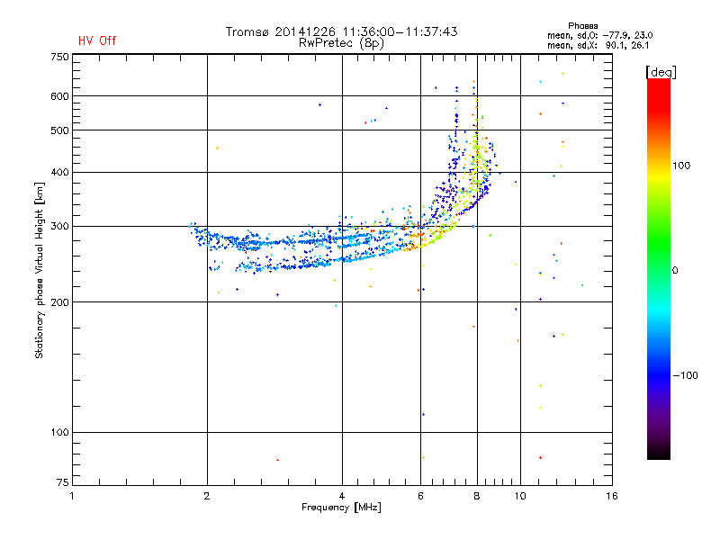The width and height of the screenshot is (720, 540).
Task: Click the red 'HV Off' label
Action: tap(97, 40)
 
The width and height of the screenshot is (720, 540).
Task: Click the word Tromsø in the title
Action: tap(247, 31)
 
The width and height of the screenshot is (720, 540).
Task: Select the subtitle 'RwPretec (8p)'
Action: tap(341, 43)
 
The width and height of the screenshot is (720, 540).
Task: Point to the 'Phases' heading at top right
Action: tap(582, 26)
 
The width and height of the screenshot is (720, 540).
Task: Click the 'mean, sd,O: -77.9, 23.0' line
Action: tap(599, 35)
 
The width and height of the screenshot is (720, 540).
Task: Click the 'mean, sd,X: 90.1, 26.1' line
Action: tap(598, 45)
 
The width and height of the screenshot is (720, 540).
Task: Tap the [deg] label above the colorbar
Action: tap(661, 72)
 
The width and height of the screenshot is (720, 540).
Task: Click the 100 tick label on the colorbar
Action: tap(681, 166)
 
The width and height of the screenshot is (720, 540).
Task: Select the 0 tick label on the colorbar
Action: tap(675, 271)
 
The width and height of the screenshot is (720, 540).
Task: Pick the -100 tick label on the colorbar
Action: tap(685, 375)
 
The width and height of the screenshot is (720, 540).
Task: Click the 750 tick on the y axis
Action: tap(59, 57)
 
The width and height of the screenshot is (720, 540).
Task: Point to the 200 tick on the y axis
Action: tap(59, 302)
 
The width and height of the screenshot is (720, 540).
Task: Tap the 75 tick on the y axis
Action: tap(63, 482)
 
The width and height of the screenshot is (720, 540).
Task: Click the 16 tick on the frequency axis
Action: tap(612, 496)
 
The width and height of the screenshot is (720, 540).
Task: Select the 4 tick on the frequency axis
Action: tap(342, 496)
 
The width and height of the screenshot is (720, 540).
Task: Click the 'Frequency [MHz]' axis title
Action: tap(341, 508)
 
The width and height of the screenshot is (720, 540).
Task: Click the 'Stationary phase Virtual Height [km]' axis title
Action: tap(40, 270)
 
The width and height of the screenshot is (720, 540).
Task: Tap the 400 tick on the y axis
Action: tap(59, 172)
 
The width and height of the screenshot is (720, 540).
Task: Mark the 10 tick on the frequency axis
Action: tap(520, 496)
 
